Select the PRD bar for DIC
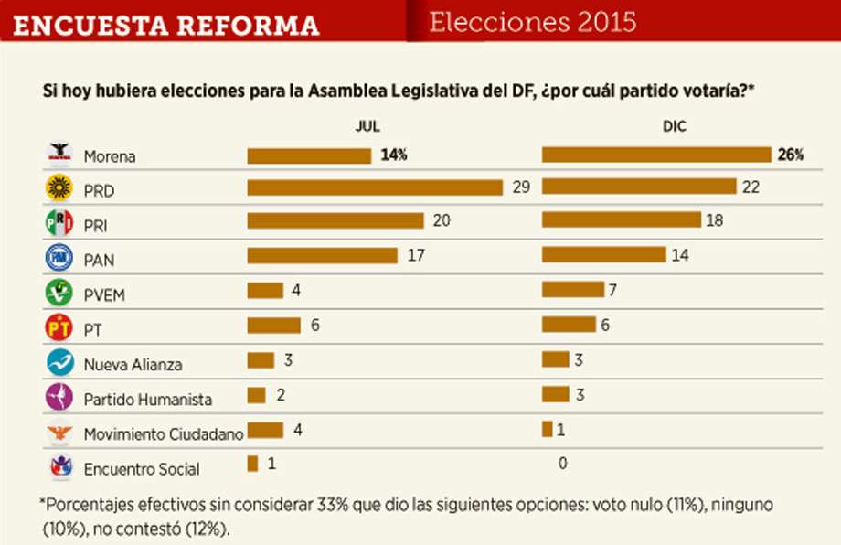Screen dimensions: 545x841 pyautogui.click(x=639, y=187)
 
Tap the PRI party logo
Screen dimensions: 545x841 pyautogui.click(x=59, y=222)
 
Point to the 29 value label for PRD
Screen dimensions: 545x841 pyautogui.click(x=521, y=187)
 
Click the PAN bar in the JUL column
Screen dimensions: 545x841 pyautogui.click(x=322, y=256)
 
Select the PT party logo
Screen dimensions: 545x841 pyautogui.click(x=59, y=326)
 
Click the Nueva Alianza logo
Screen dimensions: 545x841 pyautogui.click(x=59, y=362)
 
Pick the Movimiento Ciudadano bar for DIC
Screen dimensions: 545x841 pyautogui.click(x=547, y=429)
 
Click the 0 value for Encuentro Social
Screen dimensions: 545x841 pyautogui.click(x=562, y=464)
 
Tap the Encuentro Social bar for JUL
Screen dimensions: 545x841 pyautogui.click(x=252, y=464)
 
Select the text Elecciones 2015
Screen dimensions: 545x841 pyautogui.click(x=533, y=22)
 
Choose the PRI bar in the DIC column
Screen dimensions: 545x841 pyautogui.click(x=622, y=220)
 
